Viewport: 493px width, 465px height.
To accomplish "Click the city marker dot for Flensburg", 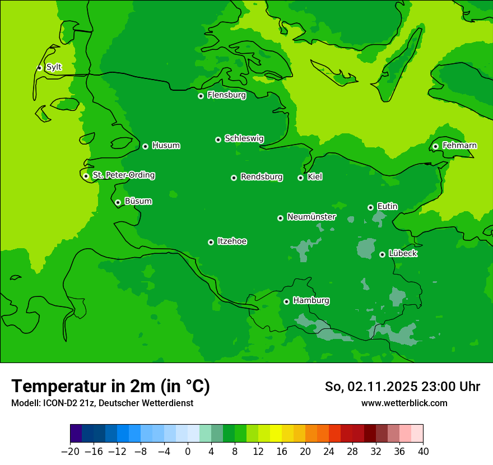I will click(x=201, y=96).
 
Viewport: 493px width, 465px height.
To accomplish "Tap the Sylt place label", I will click(x=54, y=67).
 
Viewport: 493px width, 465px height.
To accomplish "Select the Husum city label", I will click(x=166, y=146).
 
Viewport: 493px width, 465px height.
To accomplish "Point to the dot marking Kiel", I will click(x=300, y=178).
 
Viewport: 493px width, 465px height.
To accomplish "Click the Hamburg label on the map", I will click(x=311, y=301).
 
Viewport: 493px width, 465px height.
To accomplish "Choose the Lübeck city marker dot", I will click(x=382, y=254).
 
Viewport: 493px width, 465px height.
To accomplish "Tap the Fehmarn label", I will click(x=459, y=146).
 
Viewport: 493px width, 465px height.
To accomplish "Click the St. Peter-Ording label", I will click(x=123, y=175).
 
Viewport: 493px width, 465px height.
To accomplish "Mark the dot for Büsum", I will click(x=118, y=203).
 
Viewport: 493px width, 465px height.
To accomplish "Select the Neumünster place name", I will click(x=311, y=217).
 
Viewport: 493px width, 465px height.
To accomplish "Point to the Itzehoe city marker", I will click(x=211, y=242).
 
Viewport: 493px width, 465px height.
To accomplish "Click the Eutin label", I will click(x=387, y=207).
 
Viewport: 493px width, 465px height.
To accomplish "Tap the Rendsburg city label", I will click(x=262, y=177).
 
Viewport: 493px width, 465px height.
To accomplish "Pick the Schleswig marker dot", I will click(x=218, y=139).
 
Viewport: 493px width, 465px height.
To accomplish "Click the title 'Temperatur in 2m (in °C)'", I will click(x=110, y=387).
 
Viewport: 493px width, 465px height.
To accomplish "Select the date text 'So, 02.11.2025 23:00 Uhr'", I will click(x=402, y=387).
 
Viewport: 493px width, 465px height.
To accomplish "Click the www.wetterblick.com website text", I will click(x=404, y=403).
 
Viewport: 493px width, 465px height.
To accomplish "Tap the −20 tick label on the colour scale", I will click(x=71, y=452).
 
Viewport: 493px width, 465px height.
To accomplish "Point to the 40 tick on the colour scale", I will click(x=423, y=452).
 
